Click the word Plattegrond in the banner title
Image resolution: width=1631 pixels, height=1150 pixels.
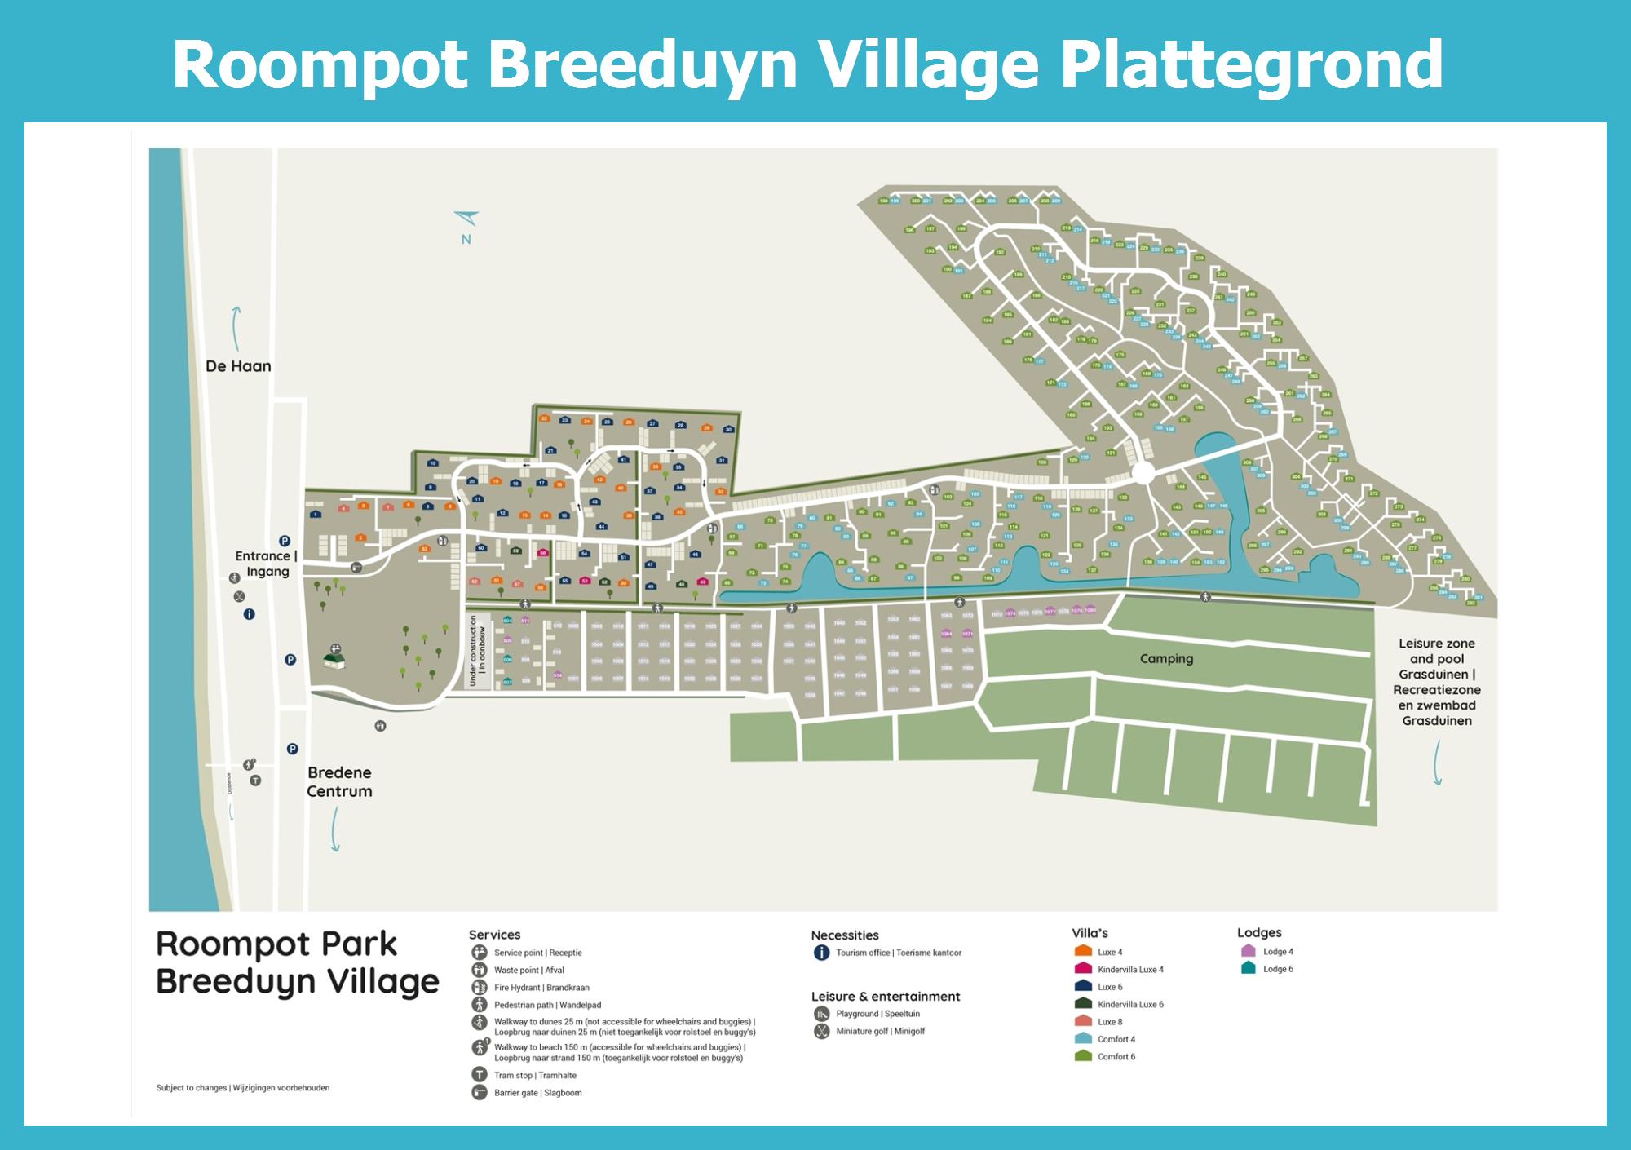[1251, 65]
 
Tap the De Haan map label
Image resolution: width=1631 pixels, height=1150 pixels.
[238, 366]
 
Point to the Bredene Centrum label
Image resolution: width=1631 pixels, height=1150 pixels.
[339, 781]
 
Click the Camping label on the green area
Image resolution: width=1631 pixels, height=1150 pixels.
[1166, 659]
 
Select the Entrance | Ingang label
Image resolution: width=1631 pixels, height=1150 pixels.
[267, 564]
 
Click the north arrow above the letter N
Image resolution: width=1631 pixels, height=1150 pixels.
[467, 218]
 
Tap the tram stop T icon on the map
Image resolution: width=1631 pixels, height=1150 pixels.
[255, 781]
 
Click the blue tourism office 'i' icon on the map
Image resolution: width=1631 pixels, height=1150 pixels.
[250, 614]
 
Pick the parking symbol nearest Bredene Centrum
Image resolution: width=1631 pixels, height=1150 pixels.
[292, 749]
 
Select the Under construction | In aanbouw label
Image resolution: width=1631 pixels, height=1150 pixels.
[478, 650]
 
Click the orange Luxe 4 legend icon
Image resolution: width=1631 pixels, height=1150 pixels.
[1083, 951]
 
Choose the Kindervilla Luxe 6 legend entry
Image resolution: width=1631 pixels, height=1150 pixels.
[1129, 1004]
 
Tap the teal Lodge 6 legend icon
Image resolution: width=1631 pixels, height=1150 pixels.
[1248, 968]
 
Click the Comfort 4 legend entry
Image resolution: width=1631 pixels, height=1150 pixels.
[1116, 1039]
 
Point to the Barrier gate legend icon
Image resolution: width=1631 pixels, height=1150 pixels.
[480, 1093]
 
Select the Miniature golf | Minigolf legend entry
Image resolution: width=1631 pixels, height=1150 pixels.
[880, 1032]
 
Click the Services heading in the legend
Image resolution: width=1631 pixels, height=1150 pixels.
[494, 935]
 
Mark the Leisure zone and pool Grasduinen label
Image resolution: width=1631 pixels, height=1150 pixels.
[1437, 682]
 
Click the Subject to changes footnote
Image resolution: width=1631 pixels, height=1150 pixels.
[243, 1088]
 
